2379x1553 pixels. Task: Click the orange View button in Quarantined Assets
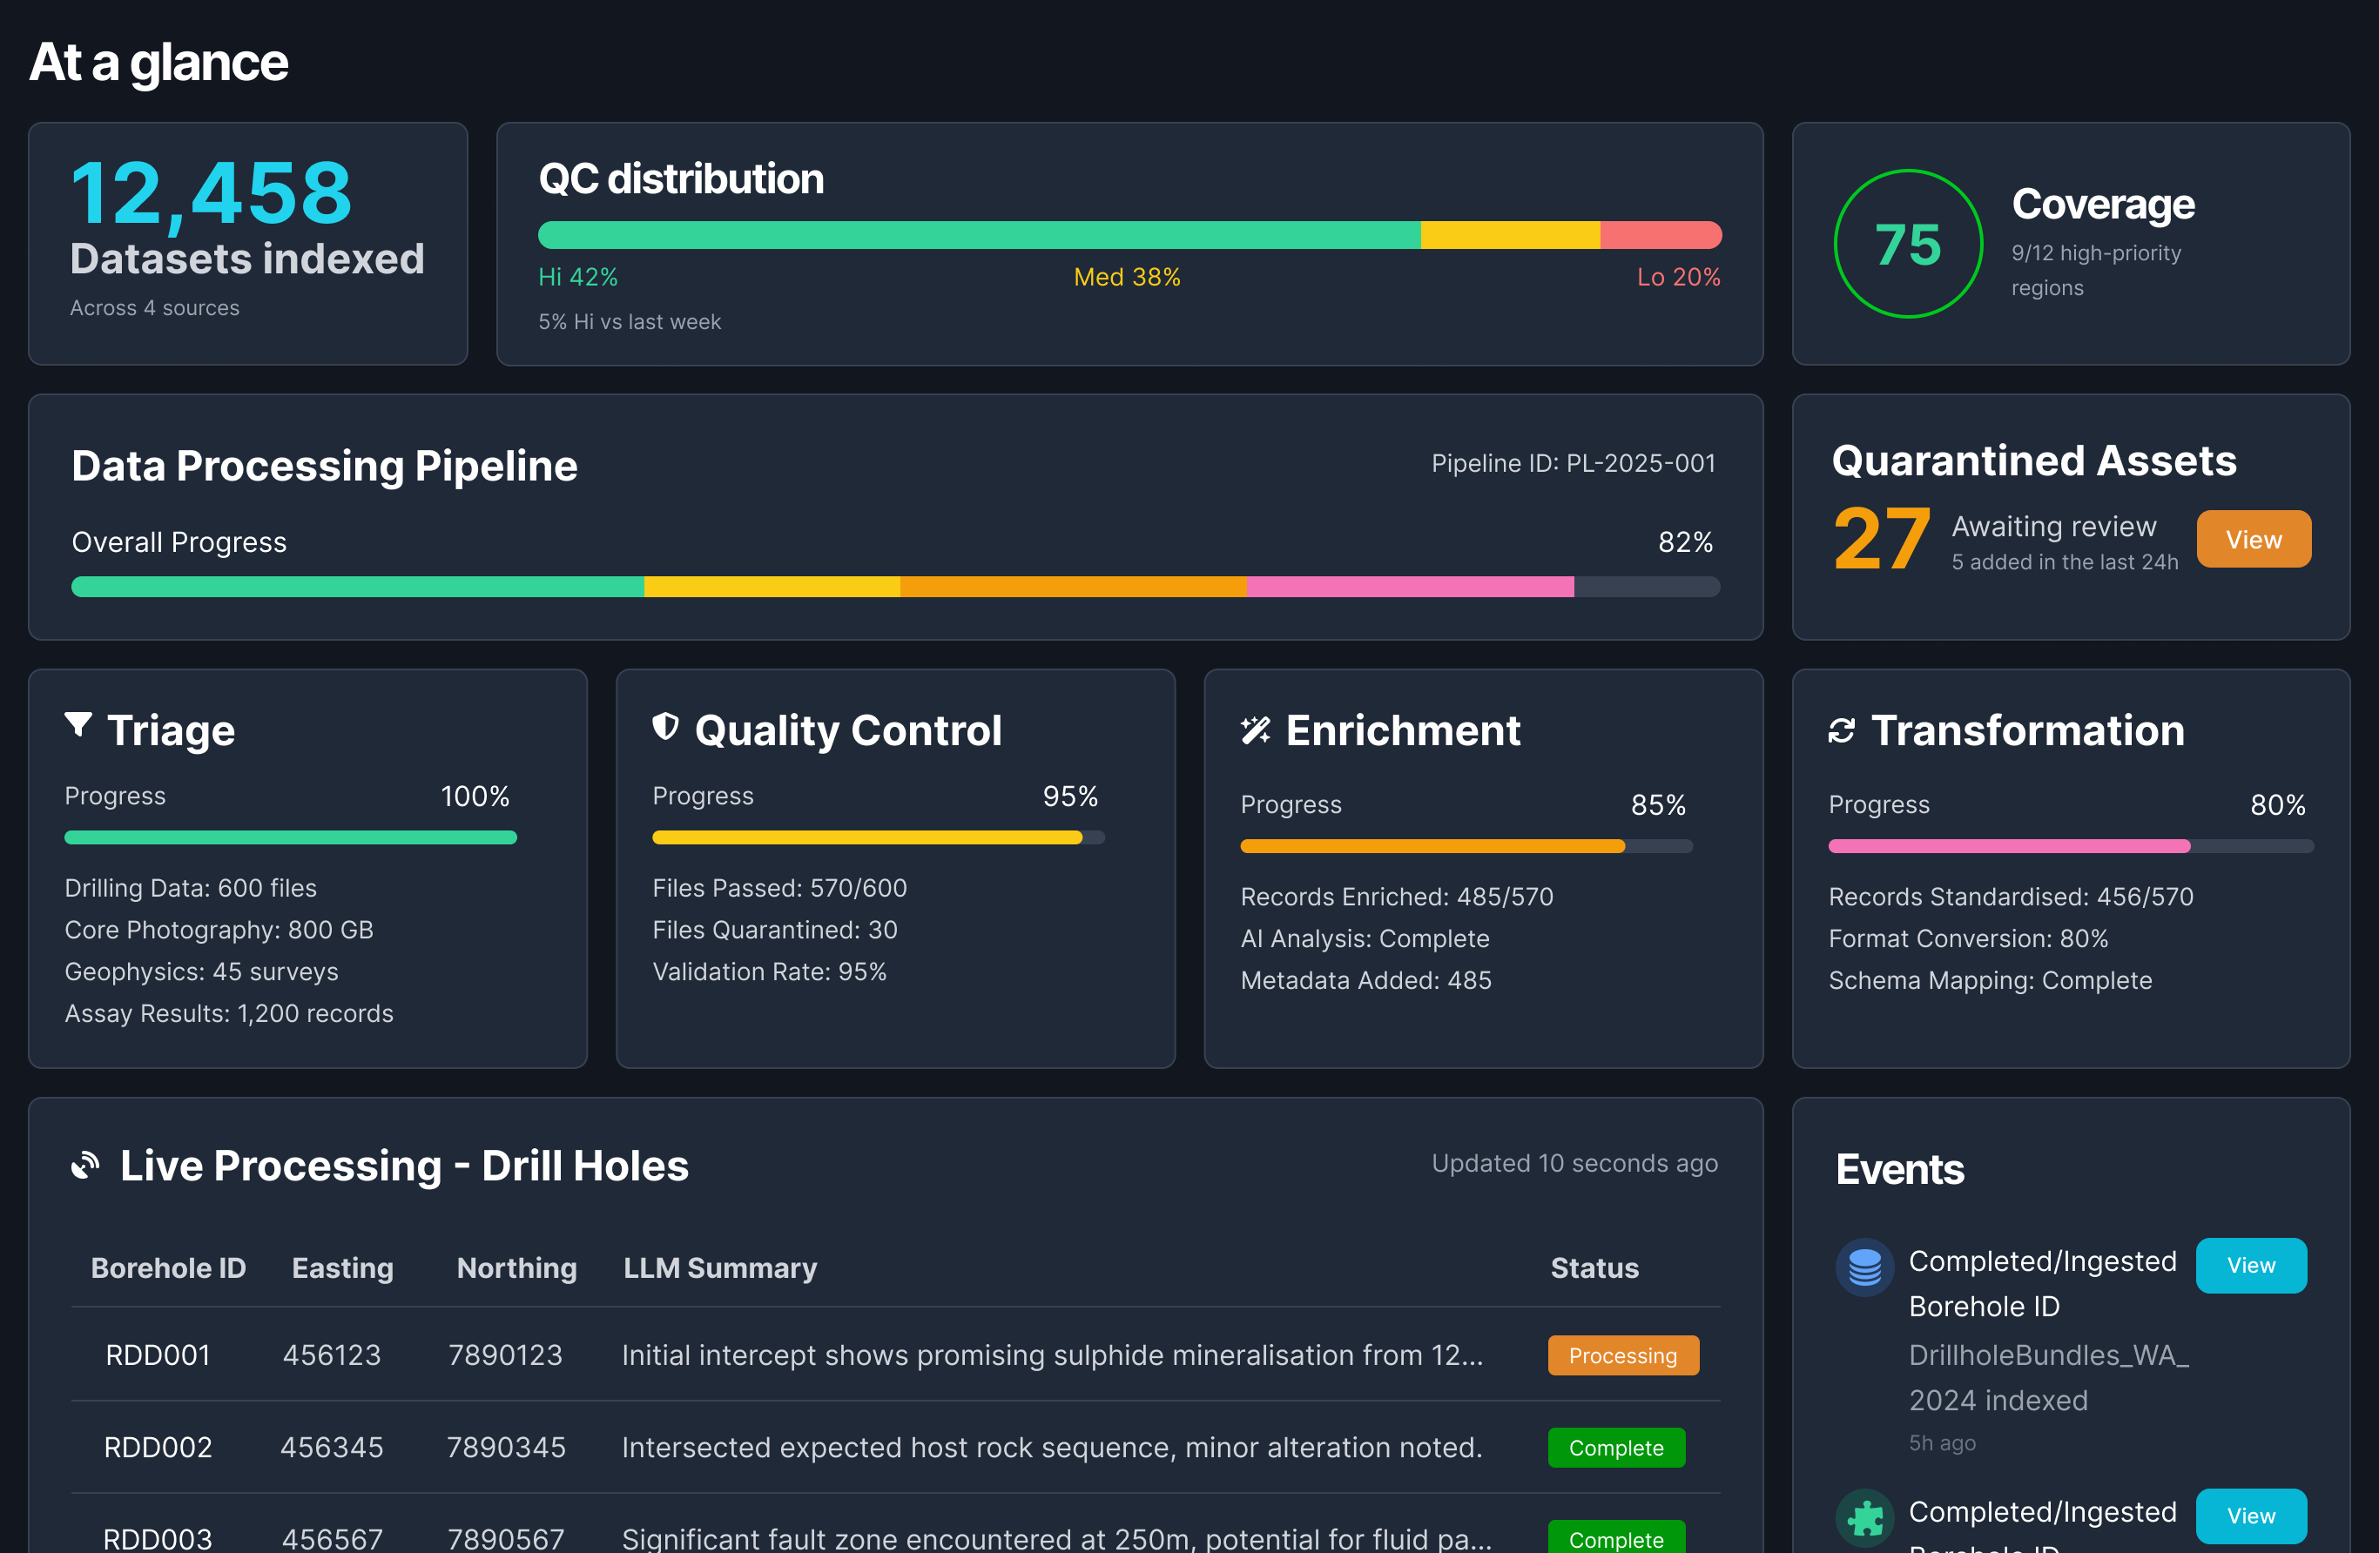pyautogui.click(x=2253, y=540)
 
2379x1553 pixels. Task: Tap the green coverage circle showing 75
pyautogui.click(x=1907, y=244)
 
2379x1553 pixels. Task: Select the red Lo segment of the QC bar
pyautogui.click(x=1660, y=235)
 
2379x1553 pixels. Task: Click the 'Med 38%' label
pyautogui.click(x=1127, y=277)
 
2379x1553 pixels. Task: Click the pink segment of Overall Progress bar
pyautogui.click(x=1410, y=587)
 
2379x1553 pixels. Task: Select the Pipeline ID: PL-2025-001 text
pyautogui.click(x=1573, y=464)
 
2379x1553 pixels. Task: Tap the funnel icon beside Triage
pyautogui.click(x=78, y=725)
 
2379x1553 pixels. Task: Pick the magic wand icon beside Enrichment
pyautogui.click(x=1255, y=730)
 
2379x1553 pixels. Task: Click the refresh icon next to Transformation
pyautogui.click(x=1841, y=730)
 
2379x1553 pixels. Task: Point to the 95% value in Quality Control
pyautogui.click(x=1069, y=797)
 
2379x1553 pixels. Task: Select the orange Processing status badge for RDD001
pyautogui.click(x=1622, y=1355)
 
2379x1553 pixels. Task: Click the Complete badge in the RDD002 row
pyautogui.click(x=1615, y=1447)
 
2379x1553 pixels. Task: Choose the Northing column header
pyautogui.click(x=516, y=1267)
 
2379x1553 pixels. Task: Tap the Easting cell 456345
pyautogui.click(x=331, y=1447)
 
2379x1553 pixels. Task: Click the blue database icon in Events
pyautogui.click(x=1864, y=1267)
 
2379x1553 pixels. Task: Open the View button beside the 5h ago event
pyautogui.click(x=2250, y=1265)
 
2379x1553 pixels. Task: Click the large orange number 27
pyautogui.click(x=1880, y=540)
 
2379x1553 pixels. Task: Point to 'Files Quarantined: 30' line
pyautogui.click(x=775, y=930)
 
